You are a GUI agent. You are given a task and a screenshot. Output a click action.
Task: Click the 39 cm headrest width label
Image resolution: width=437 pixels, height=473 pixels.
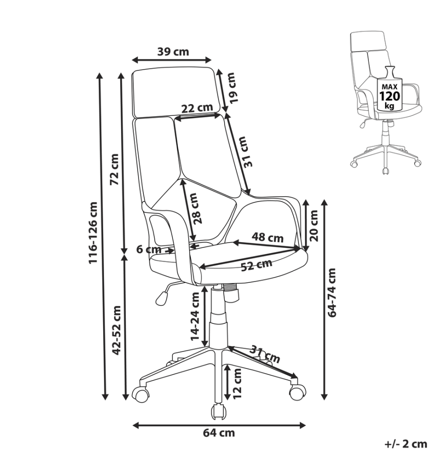tap(173, 52)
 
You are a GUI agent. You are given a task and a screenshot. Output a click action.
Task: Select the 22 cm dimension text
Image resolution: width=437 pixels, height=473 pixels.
tap(197, 107)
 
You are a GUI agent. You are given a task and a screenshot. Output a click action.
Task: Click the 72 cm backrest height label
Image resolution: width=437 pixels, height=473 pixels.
tap(114, 169)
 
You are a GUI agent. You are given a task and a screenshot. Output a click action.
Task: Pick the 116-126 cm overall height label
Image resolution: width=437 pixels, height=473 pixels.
tap(93, 233)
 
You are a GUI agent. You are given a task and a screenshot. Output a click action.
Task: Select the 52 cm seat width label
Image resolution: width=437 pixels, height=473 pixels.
tap(257, 265)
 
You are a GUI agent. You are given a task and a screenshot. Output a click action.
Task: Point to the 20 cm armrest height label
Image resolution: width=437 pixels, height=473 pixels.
tap(314, 226)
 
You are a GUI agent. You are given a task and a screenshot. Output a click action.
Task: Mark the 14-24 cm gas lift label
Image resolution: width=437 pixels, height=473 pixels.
tap(195, 316)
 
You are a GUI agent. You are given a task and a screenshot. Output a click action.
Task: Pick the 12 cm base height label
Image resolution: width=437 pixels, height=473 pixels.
tap(237, 383)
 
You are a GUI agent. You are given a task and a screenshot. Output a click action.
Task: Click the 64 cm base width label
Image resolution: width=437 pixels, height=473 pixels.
tap(218, 433)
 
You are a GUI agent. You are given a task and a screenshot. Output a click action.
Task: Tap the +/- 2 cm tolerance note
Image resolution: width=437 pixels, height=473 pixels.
tap(406, 444)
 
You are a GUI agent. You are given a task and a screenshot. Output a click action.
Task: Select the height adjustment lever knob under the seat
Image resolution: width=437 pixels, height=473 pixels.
tap(162, 298)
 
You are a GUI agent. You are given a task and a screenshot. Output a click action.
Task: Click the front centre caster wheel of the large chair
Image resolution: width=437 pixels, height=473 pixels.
tap(219, 412)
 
